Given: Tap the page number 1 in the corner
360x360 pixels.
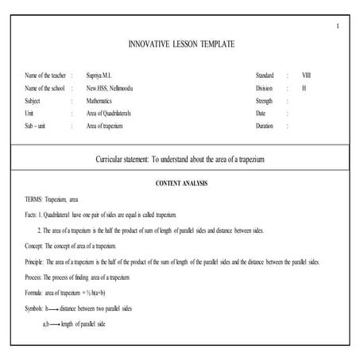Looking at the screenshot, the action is (337, 27).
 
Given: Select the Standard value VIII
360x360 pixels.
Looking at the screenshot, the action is (307, 75).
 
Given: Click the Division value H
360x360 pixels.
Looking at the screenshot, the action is (304, 87).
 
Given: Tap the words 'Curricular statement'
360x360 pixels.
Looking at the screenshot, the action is (122, 160).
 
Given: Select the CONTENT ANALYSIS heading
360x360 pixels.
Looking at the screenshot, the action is (180, 184).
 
